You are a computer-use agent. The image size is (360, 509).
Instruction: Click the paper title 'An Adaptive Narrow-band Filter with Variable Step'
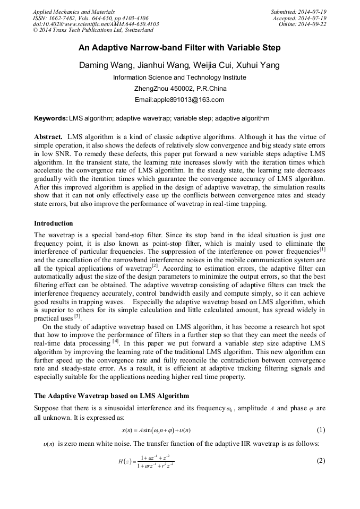point(179,48)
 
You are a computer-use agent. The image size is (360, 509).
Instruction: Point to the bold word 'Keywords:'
point(50,118)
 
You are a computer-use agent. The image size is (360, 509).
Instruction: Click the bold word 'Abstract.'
point(49,137)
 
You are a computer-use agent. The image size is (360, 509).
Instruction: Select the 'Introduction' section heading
point(54,223)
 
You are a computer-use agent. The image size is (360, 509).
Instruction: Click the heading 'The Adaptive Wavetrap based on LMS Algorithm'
point(111,396)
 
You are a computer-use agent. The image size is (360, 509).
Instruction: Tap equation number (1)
point(321,430)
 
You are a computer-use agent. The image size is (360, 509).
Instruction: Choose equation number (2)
point(321,461)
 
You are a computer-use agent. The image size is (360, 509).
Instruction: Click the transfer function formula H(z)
point(147,461)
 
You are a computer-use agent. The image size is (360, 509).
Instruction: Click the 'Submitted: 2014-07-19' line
point(298,11)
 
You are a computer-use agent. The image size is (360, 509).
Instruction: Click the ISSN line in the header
point(90,18)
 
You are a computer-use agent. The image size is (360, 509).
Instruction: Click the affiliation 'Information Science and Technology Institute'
point(179,77)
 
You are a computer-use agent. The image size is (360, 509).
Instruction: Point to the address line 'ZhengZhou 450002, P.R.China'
point(180,89)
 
